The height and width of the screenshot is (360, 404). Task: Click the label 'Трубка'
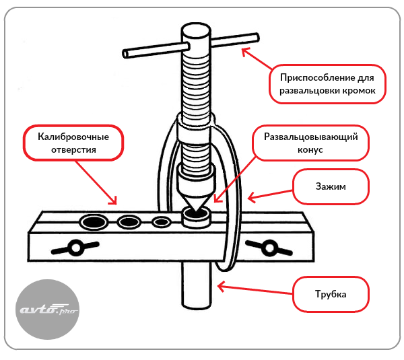[331, 294]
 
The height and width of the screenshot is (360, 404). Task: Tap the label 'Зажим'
[331, 186]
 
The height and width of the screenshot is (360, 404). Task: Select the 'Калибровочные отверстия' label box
[73, 143]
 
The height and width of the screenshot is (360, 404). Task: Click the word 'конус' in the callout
[310, 150]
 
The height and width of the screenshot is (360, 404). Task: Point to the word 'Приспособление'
[316, 77]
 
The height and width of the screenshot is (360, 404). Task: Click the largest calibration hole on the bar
[94, 221]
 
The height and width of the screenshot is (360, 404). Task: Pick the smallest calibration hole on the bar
[162, 221]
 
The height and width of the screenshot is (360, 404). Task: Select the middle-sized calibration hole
[129, 221]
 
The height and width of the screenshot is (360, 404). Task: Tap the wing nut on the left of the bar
[75, 248]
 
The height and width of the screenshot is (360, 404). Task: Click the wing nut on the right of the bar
[269, 248]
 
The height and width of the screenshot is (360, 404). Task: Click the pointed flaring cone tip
[196, 211]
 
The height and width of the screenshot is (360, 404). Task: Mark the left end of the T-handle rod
[125, 54]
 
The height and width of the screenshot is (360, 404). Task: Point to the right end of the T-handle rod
[256, 38]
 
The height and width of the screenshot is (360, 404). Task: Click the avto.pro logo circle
[47, 310]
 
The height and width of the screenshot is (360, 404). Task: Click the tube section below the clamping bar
[197, 285]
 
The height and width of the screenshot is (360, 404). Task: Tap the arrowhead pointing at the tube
[221, 287]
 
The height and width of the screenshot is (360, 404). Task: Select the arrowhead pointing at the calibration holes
[113, 201]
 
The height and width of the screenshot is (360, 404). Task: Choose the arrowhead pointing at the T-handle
[245, 52]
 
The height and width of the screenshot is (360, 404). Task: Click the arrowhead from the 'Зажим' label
[251, 198]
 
